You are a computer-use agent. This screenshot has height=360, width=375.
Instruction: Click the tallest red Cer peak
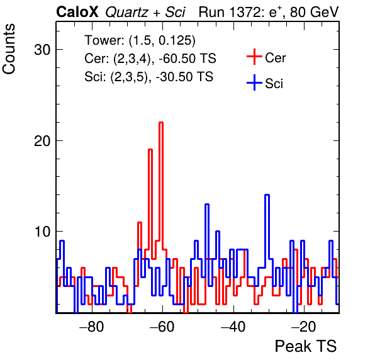point(161,123)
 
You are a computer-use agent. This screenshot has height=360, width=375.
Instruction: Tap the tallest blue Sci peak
point(267,195)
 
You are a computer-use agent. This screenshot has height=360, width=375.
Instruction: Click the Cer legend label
point(275,58)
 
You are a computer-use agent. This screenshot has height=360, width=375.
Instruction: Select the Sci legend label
point(274,84)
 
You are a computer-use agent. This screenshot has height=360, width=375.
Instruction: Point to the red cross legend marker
point(254,57)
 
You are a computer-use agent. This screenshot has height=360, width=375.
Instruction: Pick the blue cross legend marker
point(254,82)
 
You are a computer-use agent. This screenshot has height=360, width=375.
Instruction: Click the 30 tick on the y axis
point(42,50)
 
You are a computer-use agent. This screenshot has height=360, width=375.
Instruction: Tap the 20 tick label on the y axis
point(42,141)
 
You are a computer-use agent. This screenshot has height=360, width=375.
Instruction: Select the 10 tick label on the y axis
point(42,232)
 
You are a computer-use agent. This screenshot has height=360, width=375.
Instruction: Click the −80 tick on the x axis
point(92,327)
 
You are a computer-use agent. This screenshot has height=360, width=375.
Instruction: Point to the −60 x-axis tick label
point(162,327)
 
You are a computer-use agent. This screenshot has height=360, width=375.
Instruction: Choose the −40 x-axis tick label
point(233,327)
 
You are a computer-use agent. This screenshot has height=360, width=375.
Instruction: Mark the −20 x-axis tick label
point(304,327)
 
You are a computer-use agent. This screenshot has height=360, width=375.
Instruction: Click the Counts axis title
point(9,49)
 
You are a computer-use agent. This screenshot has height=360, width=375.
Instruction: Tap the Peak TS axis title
point(306,346)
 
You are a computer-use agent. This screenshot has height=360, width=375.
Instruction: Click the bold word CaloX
point(77,12)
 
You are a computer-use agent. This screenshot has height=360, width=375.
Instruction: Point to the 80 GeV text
point(314,12)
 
